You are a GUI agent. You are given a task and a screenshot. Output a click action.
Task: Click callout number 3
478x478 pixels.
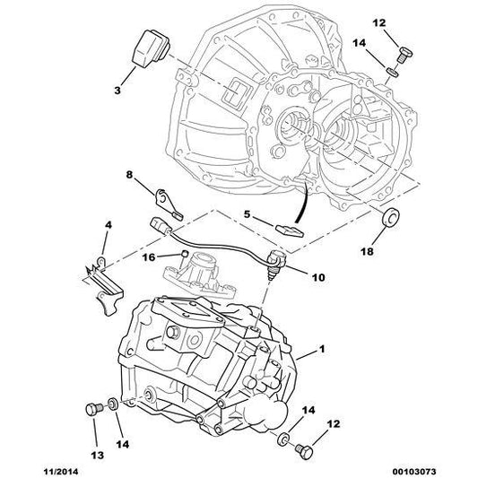coord(117,91)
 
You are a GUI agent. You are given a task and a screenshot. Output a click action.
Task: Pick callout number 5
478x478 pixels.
coord(248,215)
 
